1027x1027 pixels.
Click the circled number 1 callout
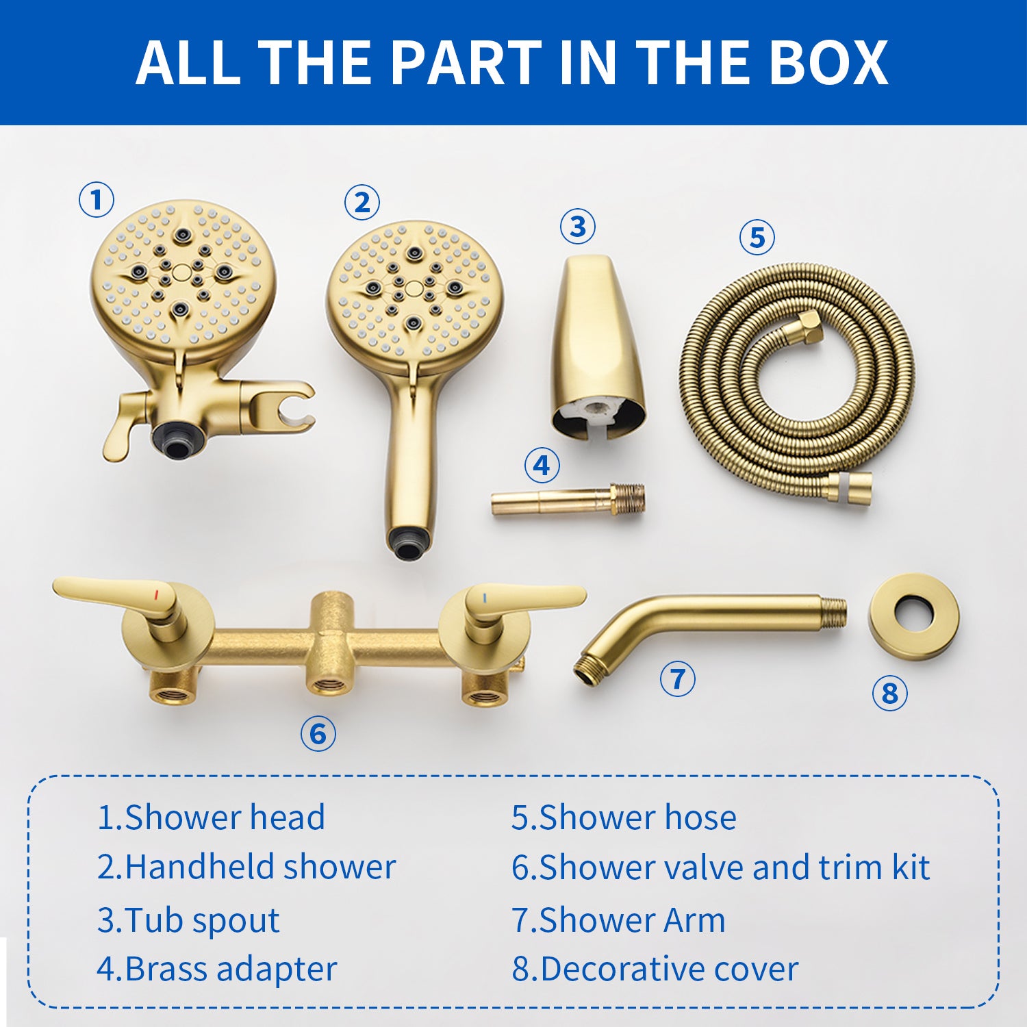(x=97, y=200)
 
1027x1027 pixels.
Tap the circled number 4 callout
(x=542, y=466)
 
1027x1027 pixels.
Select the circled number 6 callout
(x=318, y=733)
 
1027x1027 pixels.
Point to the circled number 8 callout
(x=889, y=693)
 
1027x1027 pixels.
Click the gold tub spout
(x=597, y=346)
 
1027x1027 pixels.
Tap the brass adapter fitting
(x=568, y=500)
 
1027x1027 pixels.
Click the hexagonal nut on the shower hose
(x=809, y=327)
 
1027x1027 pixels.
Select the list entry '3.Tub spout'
(x=188, y=920)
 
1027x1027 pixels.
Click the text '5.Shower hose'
(x=624, y=817)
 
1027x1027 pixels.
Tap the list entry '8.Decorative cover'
(x=655, y=969)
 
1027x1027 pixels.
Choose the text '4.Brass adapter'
(x=216, y=969)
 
